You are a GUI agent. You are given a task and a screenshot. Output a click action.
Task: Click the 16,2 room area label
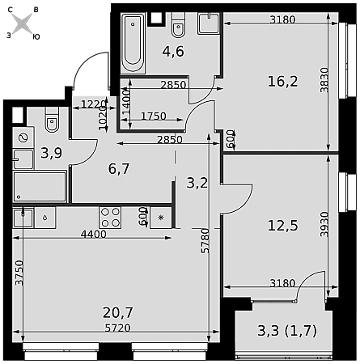[x=282, y=82]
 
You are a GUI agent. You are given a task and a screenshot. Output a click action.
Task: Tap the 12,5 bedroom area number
[x=282, y=226]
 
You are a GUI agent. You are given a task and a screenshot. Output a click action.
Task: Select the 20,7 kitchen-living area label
[x=118, y=313]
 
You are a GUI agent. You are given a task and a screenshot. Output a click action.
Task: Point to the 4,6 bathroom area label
[x=173, y=51]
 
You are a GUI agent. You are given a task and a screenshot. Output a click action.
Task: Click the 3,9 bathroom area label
[x=52, y=153]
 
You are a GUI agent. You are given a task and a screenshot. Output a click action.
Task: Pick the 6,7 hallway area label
[x=119, y=169]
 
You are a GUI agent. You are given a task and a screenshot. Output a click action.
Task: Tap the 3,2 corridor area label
[x=197, y=183]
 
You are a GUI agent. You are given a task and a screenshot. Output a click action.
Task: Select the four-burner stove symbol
[x=110, y=218]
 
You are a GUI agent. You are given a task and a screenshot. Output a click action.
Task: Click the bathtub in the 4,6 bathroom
[x=133, y=43]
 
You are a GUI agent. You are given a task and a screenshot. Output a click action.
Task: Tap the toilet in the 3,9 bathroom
[x=52, y=120]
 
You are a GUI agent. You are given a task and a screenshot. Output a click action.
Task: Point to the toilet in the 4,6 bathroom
[x=178, y=25]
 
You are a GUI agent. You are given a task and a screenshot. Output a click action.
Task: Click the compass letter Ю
[x=36, y=37]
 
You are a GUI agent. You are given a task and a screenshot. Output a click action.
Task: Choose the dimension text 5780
[x=205, y=241]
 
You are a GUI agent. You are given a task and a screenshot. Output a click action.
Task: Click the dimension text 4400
[x=94, y=235]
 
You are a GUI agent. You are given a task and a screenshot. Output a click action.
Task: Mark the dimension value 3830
[x=324, y=80]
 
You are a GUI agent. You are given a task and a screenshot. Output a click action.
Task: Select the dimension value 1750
[x=154, y=116]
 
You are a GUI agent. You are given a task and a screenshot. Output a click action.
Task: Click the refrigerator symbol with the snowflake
[x=161, y=218]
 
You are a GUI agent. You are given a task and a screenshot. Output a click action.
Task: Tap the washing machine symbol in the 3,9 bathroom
[x=23, y=138]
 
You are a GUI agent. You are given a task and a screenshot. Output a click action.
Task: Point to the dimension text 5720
[x=118, y=328]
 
